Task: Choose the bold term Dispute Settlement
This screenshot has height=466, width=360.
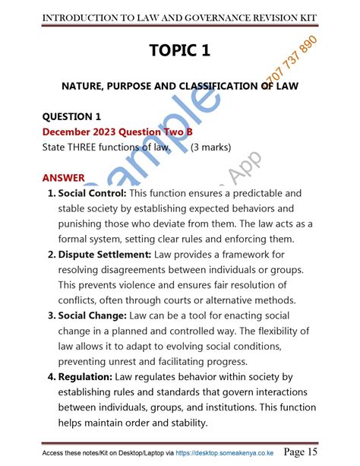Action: (104, 254)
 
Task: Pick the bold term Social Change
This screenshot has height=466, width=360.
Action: (93, 315)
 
